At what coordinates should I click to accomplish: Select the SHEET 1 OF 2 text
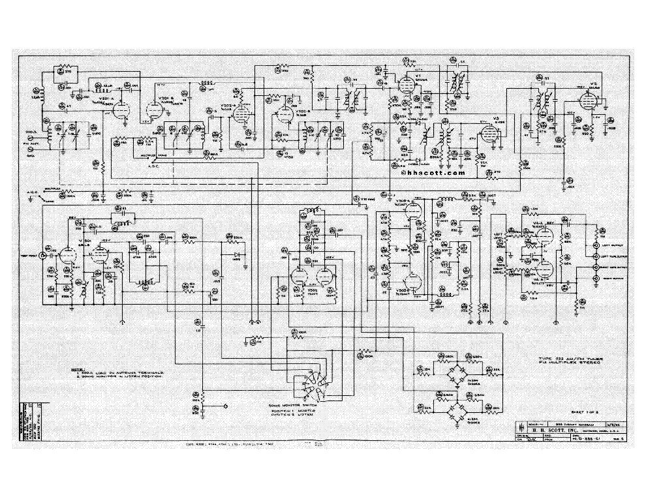(561, 413)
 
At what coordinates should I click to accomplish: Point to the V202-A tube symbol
(241, 118)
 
